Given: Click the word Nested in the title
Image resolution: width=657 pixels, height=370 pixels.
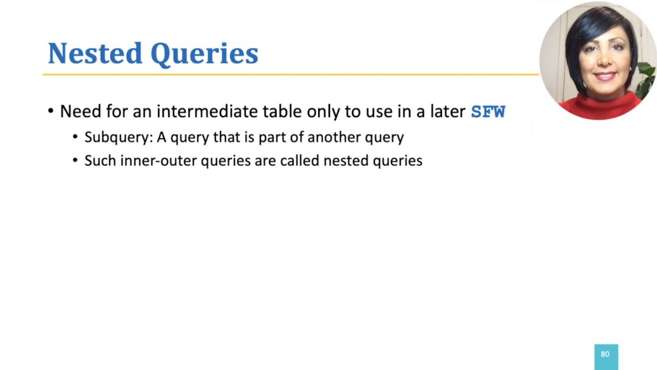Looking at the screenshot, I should pyautogui.click(x=95, y=53).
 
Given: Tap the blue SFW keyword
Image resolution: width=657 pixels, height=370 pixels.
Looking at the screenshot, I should pyautogui.click(x=488, y=112).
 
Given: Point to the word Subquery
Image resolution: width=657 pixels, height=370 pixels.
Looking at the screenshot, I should pyautogui.click(x=119, y=137).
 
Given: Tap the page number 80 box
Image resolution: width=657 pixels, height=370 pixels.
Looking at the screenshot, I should pyautogui.click(x=606, y=355).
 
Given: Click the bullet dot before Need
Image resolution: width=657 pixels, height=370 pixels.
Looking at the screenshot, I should pyautogui.click(x=50, y=112).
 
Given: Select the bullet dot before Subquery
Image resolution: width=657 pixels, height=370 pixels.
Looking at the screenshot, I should pyautogui.click(x=75, y=137).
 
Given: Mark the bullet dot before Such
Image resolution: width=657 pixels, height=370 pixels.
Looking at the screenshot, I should pyautogui.click(x=75, y=161).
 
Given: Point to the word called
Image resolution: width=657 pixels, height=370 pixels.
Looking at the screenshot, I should pyautogui.click(x=300, y=161).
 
